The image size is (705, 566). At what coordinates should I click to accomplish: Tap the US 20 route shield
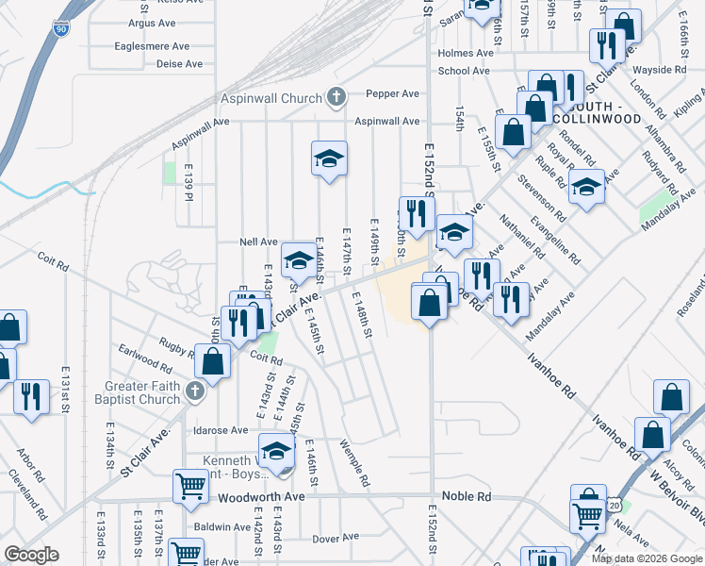tap(614, 508)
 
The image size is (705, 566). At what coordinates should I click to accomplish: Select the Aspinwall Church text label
tap(271, 98)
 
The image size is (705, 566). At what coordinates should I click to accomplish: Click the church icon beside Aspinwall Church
tap(336, 96)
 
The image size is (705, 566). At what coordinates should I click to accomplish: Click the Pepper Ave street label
tap(392, 94)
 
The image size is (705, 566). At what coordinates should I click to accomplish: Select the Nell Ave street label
tap(259, 242)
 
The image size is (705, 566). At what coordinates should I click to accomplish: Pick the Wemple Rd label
tap(354, 463)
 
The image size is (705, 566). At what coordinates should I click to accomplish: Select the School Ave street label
tap(464, 71)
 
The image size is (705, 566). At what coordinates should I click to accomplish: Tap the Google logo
tap(32, 555)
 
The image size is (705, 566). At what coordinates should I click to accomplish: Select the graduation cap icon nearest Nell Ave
tap(299, 258)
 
